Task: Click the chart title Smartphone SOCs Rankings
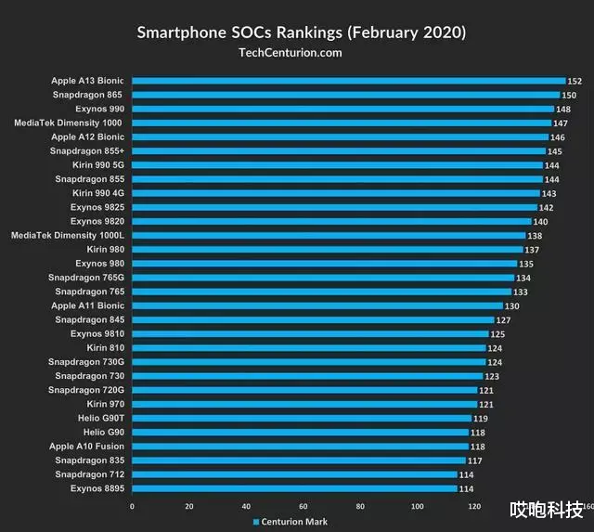[x=302, y=32]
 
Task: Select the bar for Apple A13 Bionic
[x=348, y=81]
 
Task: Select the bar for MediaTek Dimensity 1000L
[x=329, y=235]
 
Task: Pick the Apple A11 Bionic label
[x=87, y=305]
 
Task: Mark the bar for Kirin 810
[x=308, y=347]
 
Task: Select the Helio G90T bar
[x=301, y=418]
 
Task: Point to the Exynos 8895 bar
[x=294, y=488]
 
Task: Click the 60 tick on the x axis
[x=303, y=506]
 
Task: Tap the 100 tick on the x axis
[x=418, y=506]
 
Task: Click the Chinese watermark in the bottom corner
[x=545, y=510]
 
